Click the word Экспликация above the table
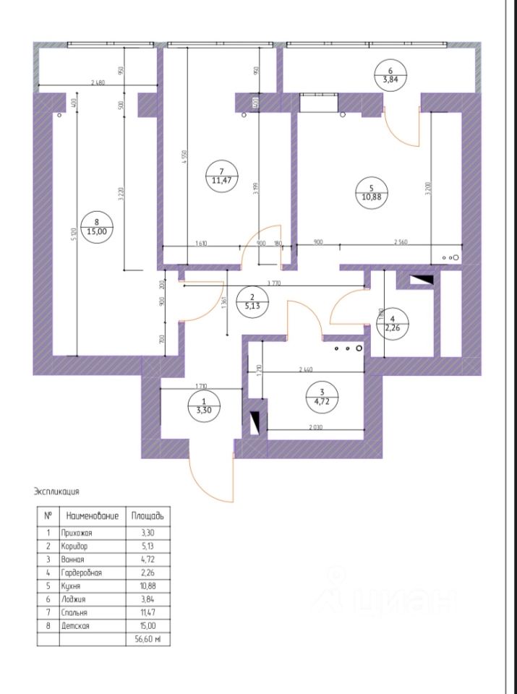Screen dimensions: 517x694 [x=56, y=492]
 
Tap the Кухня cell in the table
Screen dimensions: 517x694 [x=75, y=586]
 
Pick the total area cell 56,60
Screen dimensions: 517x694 [x=148, y=640]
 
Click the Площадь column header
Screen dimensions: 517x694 [x=148, y=516]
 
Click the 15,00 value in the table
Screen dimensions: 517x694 [x=148, y=626]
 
